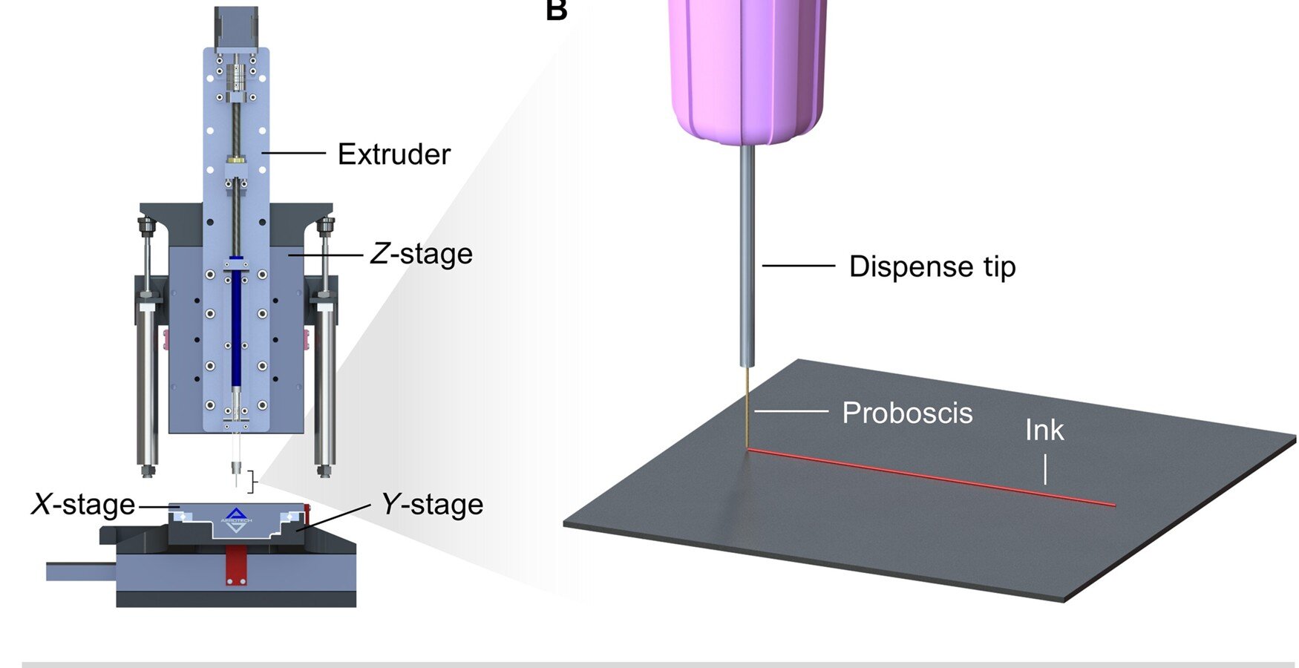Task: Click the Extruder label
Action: pyautogui.click(x=393, y=154)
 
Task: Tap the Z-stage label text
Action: pyautogui.click(x=421, y=254)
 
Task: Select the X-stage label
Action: pyautogui.click(x=83, y=505)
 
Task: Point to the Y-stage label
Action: pyautogui.click(x=432, y=505)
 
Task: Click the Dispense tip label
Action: pyautogui.click(x=932, y=266)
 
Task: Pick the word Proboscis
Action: pyautogui.click(x=907, y=413)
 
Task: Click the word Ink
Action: pyautogui.click(x=1044, y=430)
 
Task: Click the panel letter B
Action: pyautogui.click(x=556, y=10)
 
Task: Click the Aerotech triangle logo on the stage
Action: pyautogui.click(x=235, y=514)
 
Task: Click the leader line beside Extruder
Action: pyautogui.click(x=293, y=154)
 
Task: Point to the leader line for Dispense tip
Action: pyautogui.click(x=798, y=266)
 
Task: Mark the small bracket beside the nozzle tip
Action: pyautogui.click(x=253, y=481)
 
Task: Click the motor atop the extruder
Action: pyautogui.click(x=236, y=26)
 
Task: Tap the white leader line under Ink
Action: pyautogui.click(x=1044, y=469)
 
